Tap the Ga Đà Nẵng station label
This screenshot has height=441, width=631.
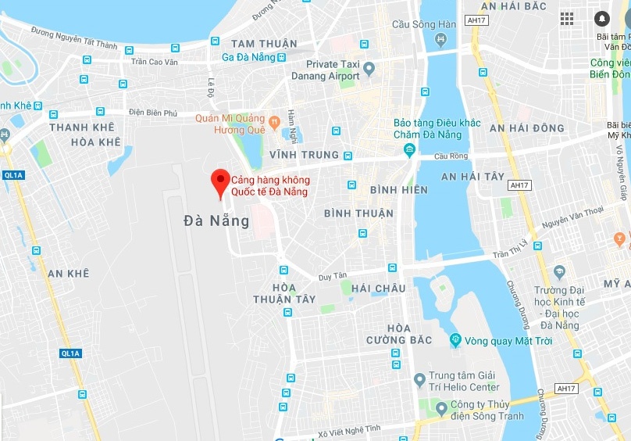coord(249,57)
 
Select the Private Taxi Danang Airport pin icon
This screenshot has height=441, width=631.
coord(369,70)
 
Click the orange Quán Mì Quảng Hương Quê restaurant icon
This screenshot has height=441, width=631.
coord(274,123)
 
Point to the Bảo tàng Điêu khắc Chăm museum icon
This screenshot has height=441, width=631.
coord(409,151)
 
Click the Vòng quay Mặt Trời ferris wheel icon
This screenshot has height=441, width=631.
coord(455,340)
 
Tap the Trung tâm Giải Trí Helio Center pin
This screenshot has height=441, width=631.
coord(420,381)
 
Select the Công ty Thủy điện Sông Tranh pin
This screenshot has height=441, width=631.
coord(442,409)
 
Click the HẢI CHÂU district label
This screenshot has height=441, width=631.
coord(379,289)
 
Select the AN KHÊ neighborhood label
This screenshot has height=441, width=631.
coord(68,274)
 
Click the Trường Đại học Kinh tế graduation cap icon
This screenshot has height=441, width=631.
coord(559,272)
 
